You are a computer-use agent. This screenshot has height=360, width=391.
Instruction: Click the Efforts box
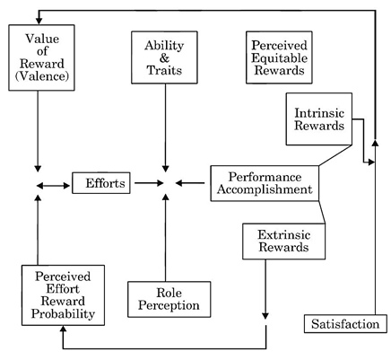[x=101, y=183]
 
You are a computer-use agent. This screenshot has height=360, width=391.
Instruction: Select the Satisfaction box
[x=345, y=323]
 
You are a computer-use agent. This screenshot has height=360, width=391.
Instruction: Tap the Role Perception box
[x=169, y=299]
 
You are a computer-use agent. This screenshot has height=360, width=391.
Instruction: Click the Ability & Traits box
[x=164, y=57]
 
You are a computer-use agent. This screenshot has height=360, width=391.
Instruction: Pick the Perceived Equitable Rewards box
[x=279, y=57]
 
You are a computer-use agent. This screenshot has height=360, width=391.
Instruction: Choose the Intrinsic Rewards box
[x=319, y=119]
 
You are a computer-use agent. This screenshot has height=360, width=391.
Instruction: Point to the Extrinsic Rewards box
[x=283, y=241]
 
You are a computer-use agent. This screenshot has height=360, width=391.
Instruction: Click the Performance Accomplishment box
[x=265, y=183]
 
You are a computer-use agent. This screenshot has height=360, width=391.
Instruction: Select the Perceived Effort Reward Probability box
[x=63, y=295]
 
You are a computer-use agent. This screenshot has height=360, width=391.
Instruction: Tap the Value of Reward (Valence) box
[x=41, y=57]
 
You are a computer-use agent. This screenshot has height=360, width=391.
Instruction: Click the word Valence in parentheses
[x=42, y=76]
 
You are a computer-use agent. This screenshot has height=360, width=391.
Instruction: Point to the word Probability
[x=63, y=313]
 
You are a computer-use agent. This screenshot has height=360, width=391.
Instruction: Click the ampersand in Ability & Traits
[x=164, y=58]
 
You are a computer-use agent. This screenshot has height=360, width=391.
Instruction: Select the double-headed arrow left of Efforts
[x=53, y=186]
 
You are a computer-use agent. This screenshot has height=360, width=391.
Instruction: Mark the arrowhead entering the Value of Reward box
[x=39, y=21]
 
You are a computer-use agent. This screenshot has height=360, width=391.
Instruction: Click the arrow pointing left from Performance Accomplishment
[x=190, y=183]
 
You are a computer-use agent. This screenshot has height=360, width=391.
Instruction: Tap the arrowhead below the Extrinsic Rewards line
[x=265, y=316]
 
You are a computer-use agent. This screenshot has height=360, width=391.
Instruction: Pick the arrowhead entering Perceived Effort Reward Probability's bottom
[x=63, y=329]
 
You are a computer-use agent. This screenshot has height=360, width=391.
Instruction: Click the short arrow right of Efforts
[x=149, y=183]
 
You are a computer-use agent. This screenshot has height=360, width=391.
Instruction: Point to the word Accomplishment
[x=265, y=189]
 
